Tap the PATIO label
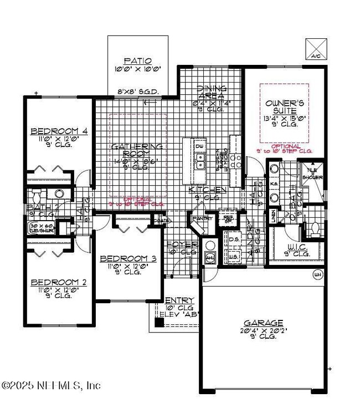[138, 61]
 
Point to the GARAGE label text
[264, 323]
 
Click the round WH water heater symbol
[317, 274]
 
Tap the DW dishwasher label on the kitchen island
[199, 147]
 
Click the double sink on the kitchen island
[200, 161]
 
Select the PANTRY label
[199, 219]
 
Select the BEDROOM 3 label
[127, 258]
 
